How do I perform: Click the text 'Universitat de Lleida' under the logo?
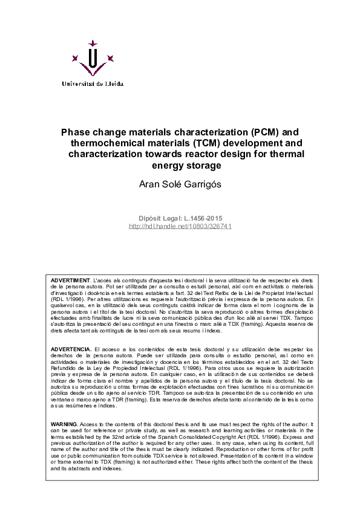(x=91, y=84)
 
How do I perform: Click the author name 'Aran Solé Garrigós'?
(x=180, y=183)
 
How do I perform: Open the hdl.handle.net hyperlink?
(x=180, y=226)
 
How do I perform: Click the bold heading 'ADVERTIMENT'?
(x=70, y=282)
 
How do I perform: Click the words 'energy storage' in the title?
(x=180, y=165)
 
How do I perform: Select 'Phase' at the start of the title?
(x=75, y=131)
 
